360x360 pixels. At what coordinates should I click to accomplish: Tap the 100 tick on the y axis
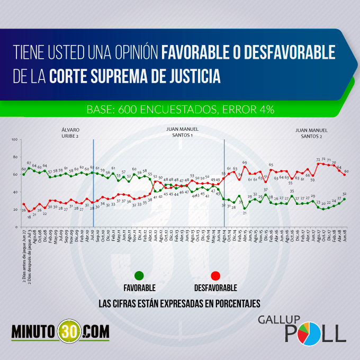(x=15, y=139)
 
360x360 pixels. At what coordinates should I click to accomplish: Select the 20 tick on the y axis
(x=16, y=209)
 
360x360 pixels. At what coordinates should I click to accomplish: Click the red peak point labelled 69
(x=245, y=167)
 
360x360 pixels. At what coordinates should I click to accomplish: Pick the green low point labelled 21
(x=245, y=208)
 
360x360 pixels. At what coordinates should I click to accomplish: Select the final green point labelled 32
(x=345, y=199)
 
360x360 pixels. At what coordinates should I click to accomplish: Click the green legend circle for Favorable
(x=139, y=276)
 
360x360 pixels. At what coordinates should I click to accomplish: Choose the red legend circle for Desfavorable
(x=215, y=276)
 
